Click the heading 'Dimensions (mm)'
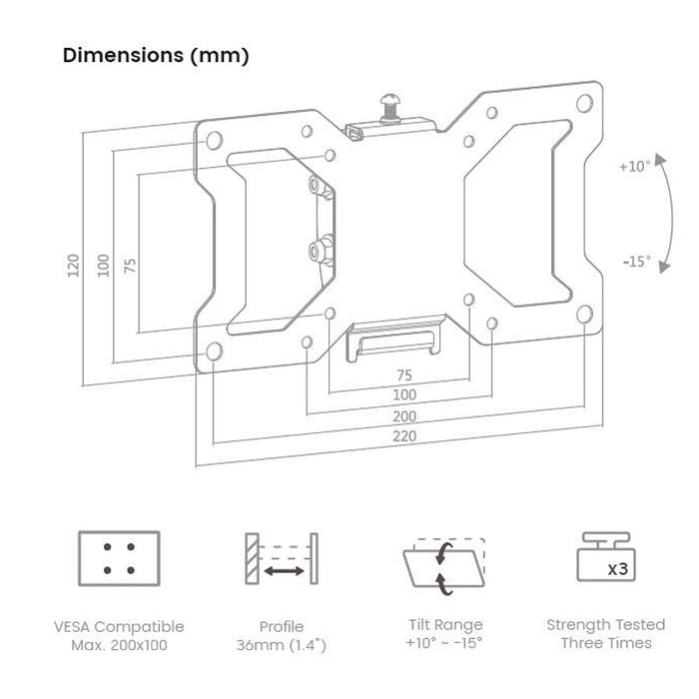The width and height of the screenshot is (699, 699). pos(156,55)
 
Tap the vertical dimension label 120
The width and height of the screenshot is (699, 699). pos(73,266)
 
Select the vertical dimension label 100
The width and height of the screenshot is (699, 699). pos(101,266)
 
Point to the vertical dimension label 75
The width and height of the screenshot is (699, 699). pos(128,266)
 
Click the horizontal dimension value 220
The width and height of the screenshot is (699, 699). pos(404,436)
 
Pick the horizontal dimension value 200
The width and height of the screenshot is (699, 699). pos(404,416)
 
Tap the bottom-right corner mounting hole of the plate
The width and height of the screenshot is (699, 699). pos(582,315)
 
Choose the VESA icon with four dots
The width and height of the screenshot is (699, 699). pos(119,557)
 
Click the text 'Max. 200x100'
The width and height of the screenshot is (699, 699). pos(119,645)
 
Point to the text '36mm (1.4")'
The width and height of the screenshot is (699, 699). pos(282,645)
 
